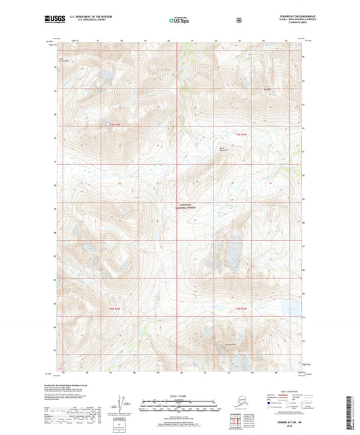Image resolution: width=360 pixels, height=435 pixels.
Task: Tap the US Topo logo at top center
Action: pos(180,20)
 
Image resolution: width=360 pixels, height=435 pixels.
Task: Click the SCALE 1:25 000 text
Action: pos(180,395)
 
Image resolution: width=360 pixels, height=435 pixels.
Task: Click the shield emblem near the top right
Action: pos(238,20)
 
